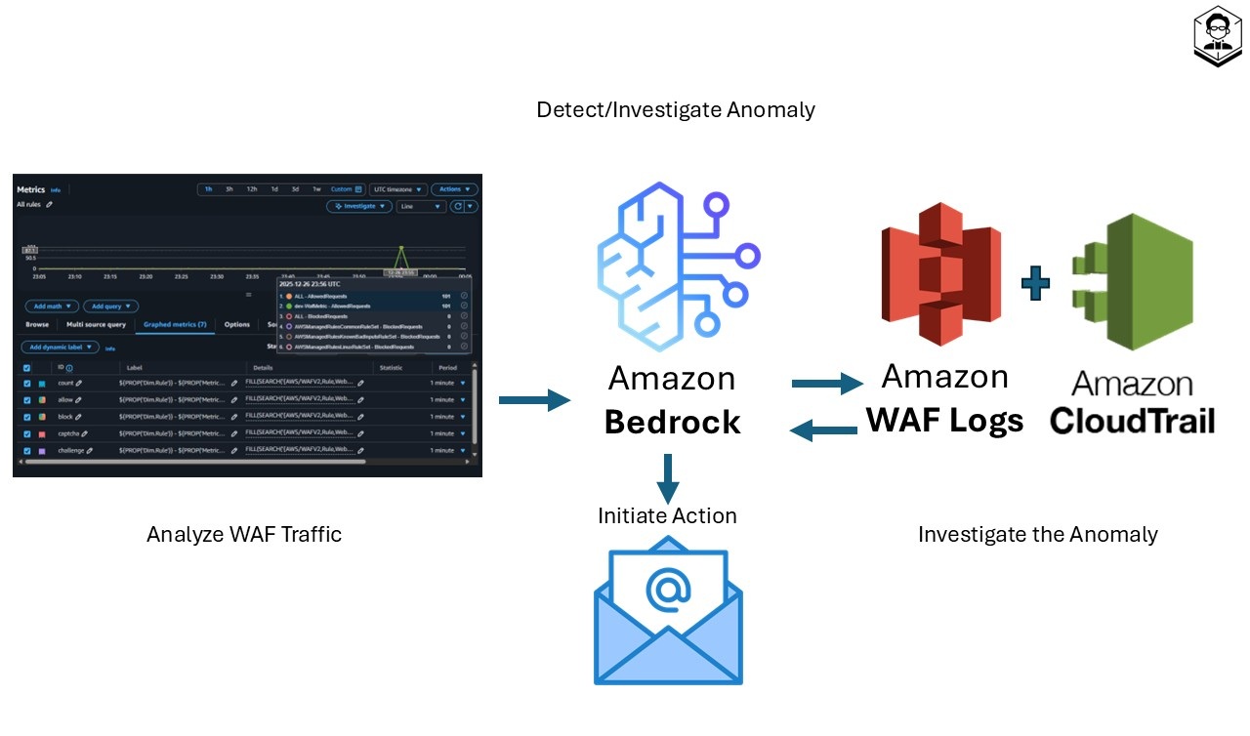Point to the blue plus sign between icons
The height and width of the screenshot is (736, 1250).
pos(1036,284)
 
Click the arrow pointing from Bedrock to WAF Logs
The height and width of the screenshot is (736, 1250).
pos(827,384)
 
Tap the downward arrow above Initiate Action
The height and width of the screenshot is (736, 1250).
pos(668,477)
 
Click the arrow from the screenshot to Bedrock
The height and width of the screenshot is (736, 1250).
pos(534,399)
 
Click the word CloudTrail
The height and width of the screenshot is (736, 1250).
pos(1132,421)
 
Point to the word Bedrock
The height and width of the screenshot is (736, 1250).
pos(672,422)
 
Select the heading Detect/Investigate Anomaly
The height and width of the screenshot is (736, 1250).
pos(676,109)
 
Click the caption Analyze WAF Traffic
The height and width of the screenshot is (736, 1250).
pos(244,534)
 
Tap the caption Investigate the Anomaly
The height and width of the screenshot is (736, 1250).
pos(1037,534)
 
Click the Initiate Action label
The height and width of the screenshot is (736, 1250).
pos(667,515)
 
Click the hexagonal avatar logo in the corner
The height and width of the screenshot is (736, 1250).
pos(1217,35)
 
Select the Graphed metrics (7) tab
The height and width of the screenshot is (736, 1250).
pos(175,324)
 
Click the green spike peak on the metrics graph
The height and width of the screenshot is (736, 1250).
pos(400,248)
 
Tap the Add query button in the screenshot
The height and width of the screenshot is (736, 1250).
pos(109,306)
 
